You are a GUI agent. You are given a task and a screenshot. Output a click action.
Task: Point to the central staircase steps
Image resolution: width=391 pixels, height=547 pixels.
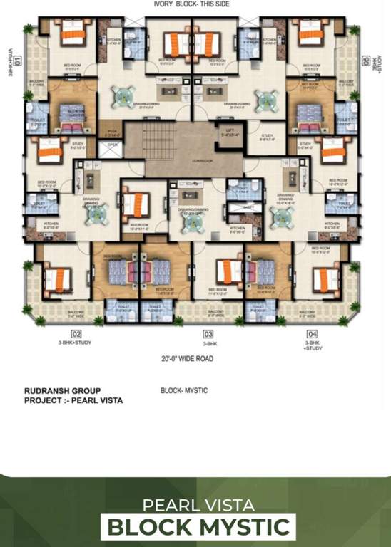[169, 138]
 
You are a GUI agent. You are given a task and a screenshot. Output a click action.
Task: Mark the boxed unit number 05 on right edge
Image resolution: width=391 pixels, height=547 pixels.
[366, 61]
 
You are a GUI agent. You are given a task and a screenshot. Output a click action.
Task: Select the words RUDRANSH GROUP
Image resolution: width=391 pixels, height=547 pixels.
[62, 391]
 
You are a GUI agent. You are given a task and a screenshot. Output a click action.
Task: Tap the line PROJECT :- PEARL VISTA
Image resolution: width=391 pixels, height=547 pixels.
[73, 401]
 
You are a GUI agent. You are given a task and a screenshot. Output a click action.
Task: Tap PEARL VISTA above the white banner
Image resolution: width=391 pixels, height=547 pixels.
[198, 505]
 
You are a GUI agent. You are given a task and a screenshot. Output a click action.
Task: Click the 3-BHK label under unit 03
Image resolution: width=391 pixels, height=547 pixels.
[209, 343]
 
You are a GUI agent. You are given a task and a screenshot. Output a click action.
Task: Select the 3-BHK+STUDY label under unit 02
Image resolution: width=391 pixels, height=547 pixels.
[76, 343]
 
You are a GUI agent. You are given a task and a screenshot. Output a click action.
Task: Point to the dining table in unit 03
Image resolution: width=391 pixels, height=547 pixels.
[191, 220]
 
